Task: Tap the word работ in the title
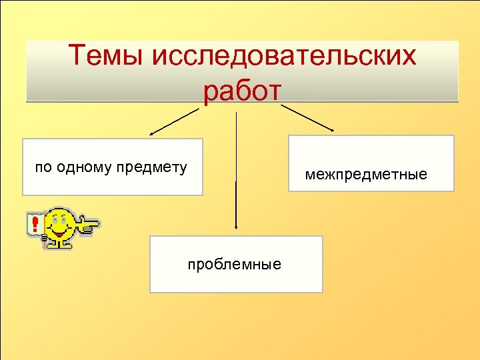click(x=243, y=92)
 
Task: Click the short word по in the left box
click(x=43, y=167)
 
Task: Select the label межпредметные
click(x=366, y=175)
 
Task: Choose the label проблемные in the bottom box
click(x=234, y=264)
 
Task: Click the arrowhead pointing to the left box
click(x=152, y=134)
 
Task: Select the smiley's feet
click(x=61, y=244)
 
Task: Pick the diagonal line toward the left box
click(x=177, y=121)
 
